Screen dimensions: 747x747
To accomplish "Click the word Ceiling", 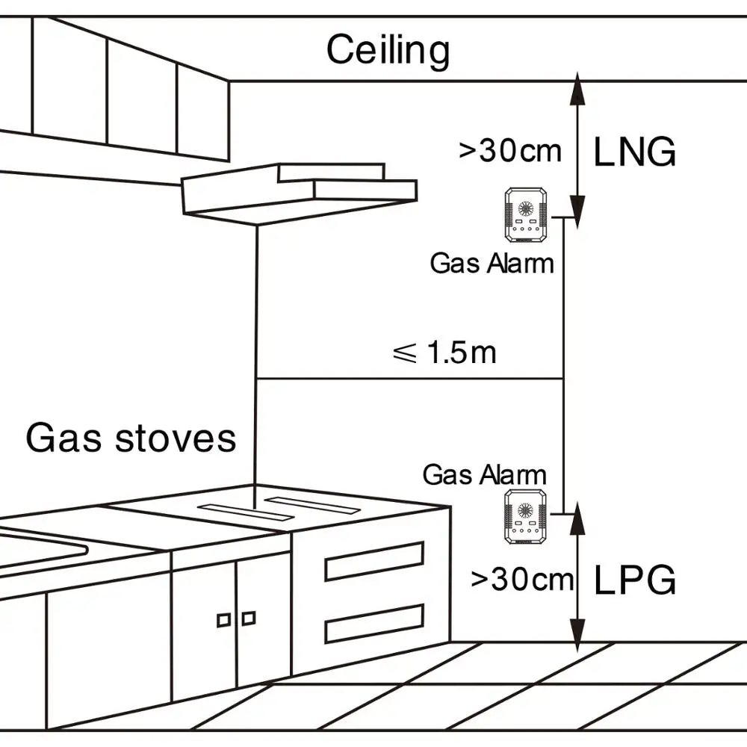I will (388, 51).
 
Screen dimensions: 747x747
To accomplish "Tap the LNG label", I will (634, 152).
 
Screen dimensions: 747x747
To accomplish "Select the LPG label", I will (634, 580).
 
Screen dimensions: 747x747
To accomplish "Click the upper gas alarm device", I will (526, 216).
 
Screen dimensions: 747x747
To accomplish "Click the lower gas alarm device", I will (527, 516).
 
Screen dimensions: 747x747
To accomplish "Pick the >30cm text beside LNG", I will (509, 151).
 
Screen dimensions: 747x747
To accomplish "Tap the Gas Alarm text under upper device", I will (492, 263).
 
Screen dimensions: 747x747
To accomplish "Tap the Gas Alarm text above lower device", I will (485, 474).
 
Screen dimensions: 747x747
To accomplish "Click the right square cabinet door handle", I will (249, 617).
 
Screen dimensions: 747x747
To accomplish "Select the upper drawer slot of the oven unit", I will (374, 562).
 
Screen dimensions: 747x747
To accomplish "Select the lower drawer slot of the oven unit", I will (374, 623).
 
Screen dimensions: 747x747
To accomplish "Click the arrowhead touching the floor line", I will (576, 631).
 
